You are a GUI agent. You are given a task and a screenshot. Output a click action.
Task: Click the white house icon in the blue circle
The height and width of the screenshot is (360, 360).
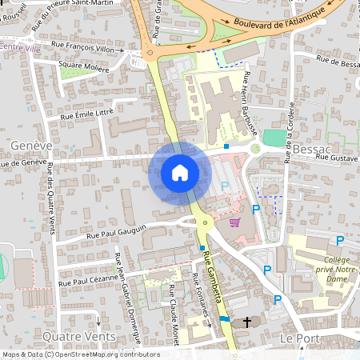pos(180,172)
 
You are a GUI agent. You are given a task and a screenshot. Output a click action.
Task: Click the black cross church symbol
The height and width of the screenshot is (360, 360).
pos(247,322)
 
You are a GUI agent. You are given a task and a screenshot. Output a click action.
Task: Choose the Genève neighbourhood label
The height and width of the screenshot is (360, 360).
pos(31,146)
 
